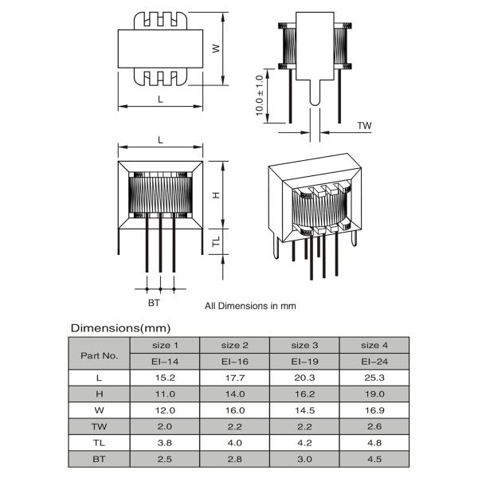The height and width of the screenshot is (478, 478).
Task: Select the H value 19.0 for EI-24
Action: (374, 394)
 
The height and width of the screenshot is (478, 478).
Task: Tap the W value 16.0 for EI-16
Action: (235, 410)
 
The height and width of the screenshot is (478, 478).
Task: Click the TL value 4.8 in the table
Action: (374, 443)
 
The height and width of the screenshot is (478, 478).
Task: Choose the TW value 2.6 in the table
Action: (374, 427)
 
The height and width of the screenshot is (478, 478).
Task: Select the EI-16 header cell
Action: (235, 361)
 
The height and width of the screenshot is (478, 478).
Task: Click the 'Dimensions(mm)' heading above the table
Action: (120, 327)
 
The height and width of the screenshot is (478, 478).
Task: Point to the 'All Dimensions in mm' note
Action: (250, 305)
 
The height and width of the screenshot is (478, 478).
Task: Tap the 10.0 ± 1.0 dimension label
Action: (259, 96)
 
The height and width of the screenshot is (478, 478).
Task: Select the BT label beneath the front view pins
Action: (154, 303)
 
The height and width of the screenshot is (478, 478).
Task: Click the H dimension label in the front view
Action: (216, 194)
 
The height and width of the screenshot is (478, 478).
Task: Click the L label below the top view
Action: (160, 99)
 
